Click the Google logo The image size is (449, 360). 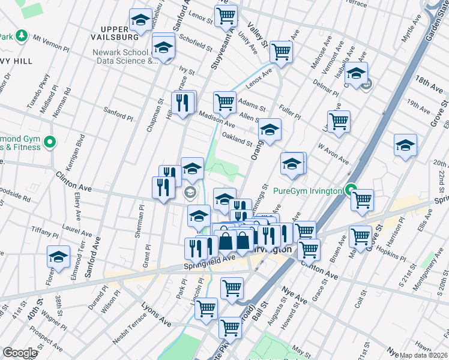20,353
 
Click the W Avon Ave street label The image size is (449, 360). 333,153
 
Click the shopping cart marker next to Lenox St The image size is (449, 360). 226,16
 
